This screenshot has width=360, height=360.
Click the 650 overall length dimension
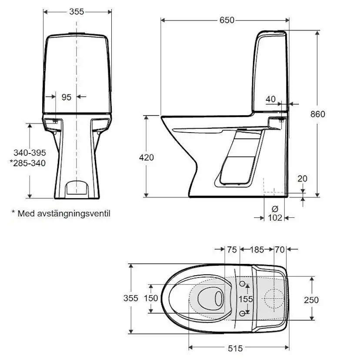click(x=227, y=20)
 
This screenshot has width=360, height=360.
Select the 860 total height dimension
click(x=318, y=114)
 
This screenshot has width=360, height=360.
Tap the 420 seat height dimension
click(x=147, y=157)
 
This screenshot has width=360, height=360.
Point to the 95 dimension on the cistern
click(x=66, y=97)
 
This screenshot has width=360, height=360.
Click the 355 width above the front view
click(x=77, y=12)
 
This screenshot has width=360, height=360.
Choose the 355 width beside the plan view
click(x=130, y=298)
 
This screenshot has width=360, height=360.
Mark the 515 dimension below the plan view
click(x=235, y=348)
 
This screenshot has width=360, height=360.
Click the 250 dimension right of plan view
click(x=311, y=300)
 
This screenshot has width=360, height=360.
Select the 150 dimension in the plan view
click(x=150, y=298)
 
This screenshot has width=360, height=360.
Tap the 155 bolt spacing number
click(x=246, y=299)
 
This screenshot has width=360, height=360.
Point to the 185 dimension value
click(x=257, y=250)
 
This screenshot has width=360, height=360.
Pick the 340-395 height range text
click(x=29, y=153)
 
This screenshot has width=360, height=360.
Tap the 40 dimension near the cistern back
click(x=270, y=99)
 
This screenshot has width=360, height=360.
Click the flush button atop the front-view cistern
click(x=77, y=33)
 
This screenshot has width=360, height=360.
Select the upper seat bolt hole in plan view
click(x=243, y=284)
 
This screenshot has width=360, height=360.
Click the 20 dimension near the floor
click(x=303, y=178)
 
